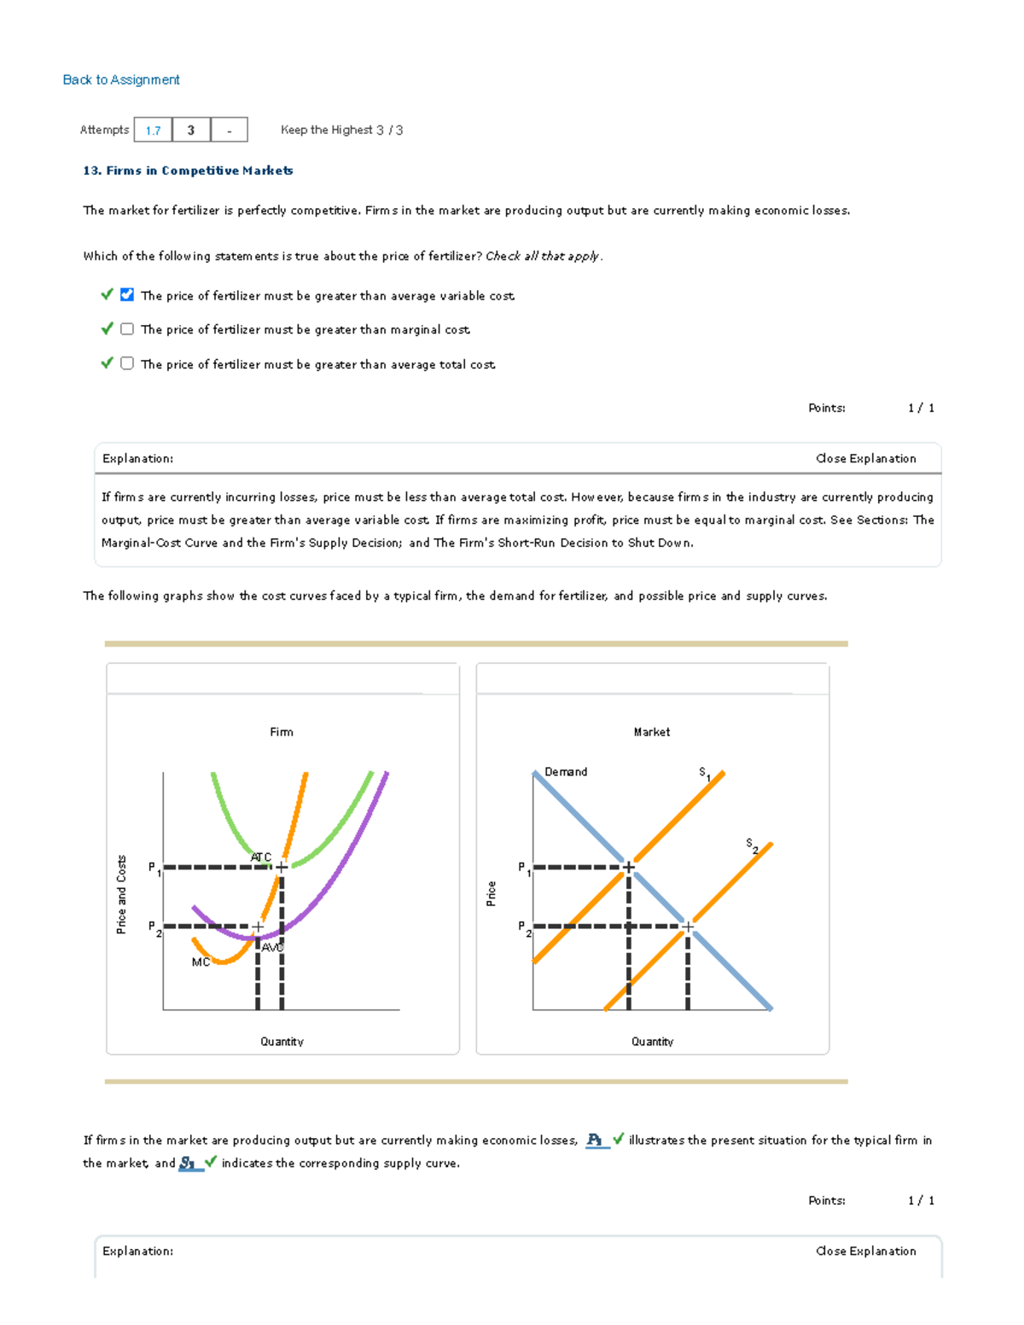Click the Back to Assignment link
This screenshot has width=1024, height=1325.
click(121, 79)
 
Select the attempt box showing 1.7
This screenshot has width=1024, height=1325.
click(153, 130)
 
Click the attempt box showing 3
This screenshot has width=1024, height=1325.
click(191, 130)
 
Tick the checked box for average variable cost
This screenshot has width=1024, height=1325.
click(127, 294)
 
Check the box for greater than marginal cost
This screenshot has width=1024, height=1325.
click(127, 328)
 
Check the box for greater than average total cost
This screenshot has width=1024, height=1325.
click(127, 363)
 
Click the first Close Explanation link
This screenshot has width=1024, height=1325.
click(865, 458)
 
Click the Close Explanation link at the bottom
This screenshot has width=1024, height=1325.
click(865, 1251)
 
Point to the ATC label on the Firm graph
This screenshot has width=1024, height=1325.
click(261, 857)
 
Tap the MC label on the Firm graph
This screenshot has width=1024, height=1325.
click(201, 962)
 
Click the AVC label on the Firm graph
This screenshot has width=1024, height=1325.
click(272, 947)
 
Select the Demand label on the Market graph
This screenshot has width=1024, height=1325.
click(566, 771)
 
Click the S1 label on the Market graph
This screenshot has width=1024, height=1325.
click(704, 773)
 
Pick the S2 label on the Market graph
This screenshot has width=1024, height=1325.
click(751, 845)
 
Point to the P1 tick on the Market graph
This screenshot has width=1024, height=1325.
click(523, 868)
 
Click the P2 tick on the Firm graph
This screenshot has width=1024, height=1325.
click(154, 927)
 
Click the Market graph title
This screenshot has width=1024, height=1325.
click(651, 732)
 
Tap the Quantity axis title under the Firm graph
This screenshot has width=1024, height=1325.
click(282, 1041)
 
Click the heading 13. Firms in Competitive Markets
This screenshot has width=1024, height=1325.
click(188, 171)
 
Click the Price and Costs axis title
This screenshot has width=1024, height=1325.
click(121, 894)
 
